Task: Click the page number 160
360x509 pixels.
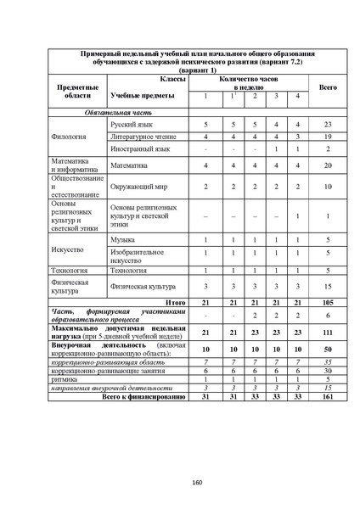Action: coord(197,484)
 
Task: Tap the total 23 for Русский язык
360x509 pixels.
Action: coord(327,124)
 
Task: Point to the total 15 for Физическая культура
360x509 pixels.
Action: coord(327,287)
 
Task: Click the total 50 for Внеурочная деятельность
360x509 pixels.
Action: coord(327,349)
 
